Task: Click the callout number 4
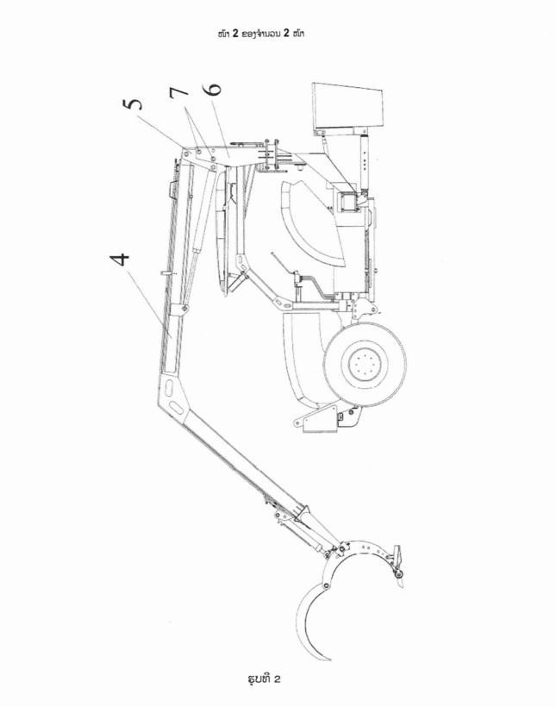(119, 260)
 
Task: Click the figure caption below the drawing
(265, 679)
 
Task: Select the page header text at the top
(260, 34)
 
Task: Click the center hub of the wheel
(365, 363)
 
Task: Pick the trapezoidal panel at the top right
(347, 106)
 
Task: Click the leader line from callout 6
(221, 126)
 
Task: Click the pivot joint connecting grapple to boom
(341, 547)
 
